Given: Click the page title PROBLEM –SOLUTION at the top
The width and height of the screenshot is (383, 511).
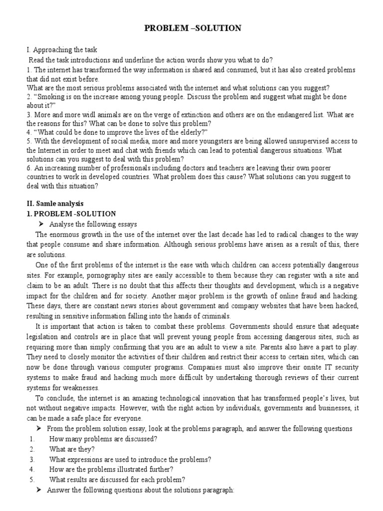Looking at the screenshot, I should coord(192,28).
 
